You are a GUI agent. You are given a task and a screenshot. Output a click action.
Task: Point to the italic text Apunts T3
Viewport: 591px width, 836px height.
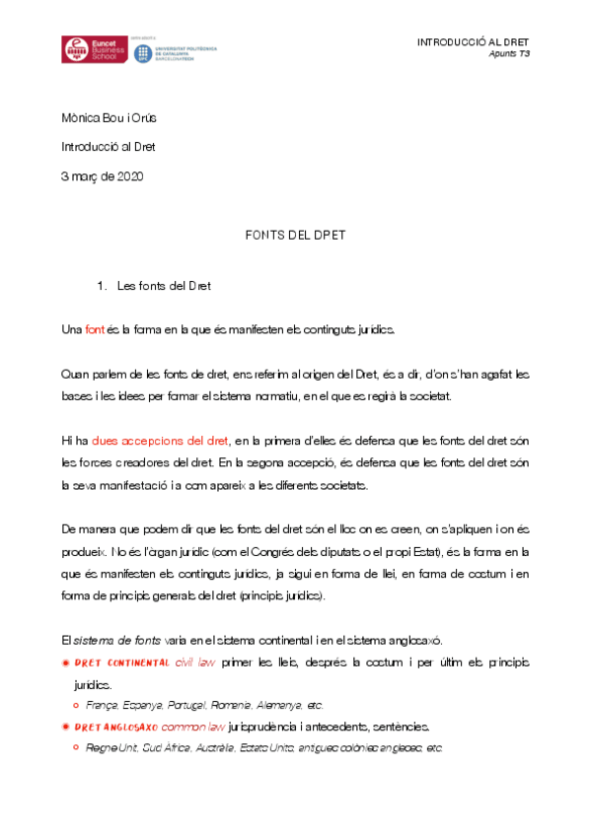tap(509, 54)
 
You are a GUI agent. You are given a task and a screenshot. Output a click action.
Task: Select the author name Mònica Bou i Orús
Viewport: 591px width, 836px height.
tap(109, 118)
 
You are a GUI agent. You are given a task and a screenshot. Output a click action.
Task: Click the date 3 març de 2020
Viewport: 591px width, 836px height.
tap(103, 176)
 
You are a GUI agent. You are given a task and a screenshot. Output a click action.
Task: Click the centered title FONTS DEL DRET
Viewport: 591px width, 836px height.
tap(294, 237)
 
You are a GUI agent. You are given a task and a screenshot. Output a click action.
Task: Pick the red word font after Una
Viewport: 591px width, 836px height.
tap(95, 329)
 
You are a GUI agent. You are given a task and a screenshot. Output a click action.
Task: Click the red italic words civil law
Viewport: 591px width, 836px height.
tap(196, 663)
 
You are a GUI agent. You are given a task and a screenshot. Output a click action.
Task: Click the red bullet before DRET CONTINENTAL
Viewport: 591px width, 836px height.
tap(65, 663)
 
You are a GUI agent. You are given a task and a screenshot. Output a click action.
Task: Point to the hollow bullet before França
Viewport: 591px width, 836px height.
tap(76, 706)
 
